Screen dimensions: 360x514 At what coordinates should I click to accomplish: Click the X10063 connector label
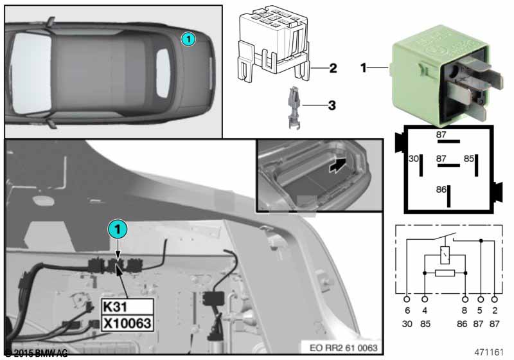point(127,321)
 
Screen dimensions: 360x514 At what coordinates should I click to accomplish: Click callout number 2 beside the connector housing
point(333,67)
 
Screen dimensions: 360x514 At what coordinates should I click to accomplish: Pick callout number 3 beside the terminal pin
point(333,104)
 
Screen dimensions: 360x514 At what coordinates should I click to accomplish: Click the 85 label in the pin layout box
point(469,158)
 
